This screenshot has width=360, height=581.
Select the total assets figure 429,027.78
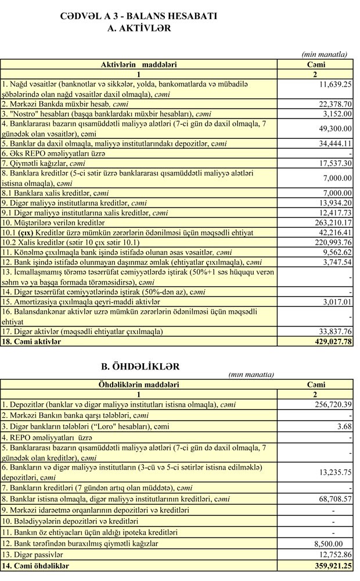pyautogui.click(x=327, y=342)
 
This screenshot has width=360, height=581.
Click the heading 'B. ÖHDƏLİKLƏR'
pyautogui.click(x=139, y=366)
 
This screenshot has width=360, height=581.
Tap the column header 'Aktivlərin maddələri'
pyautogui.click(x=139, y=64)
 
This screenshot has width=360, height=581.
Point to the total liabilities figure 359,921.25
pyautogui.click(x=327, y=565)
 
